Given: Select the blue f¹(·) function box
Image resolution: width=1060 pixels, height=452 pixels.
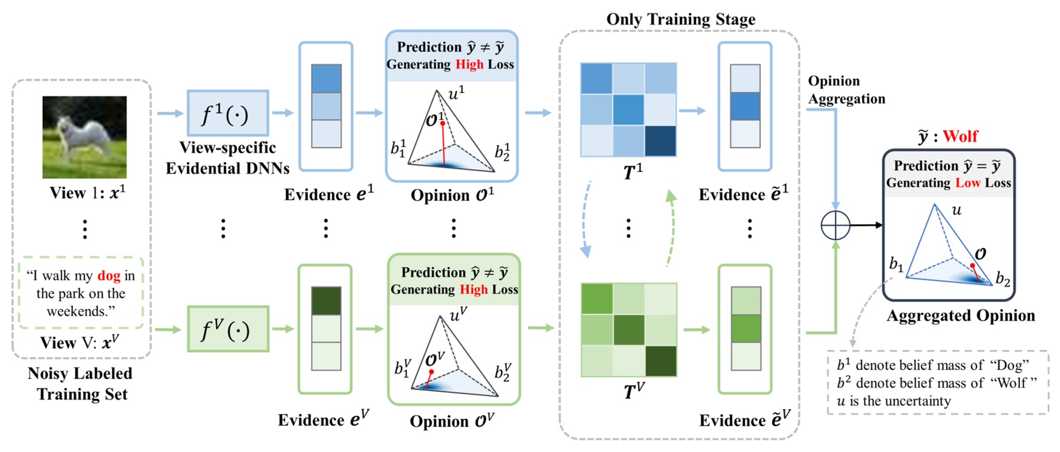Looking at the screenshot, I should click(x=228, y=113).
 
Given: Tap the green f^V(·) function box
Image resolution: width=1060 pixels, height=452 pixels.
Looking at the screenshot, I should click(x=228, y=329).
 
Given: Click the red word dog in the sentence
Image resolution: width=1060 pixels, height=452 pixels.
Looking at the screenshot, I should click(x=109, y=276).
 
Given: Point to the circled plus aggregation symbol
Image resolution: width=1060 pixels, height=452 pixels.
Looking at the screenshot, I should click(x=835, y=225).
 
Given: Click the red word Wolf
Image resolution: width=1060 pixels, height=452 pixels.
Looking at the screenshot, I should click(x=960, y=136).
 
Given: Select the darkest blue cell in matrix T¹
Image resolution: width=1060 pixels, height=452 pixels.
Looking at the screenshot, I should click(x=660, y=141).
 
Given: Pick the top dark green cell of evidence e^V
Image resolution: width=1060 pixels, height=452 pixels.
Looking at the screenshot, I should click(x=326, y=300).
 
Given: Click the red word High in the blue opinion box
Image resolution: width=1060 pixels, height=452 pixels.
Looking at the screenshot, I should click(x=469, y=65).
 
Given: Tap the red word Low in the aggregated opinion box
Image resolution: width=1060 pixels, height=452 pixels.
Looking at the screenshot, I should click(x=968, y=183).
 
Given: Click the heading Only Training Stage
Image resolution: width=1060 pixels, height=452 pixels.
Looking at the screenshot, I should click(x=681, y=19).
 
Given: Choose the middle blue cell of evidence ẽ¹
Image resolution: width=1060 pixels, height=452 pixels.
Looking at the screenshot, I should click(x=745, y=106).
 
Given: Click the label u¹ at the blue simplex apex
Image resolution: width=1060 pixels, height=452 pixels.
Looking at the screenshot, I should click(x=457, y=92).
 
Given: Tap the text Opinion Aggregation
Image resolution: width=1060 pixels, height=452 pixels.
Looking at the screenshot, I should click(x=846, y=89).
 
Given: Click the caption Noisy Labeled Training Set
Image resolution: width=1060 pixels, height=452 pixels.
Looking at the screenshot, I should click(x=80, y=384).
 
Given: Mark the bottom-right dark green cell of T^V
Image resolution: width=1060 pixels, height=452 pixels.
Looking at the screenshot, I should click(x=661, y=361).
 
